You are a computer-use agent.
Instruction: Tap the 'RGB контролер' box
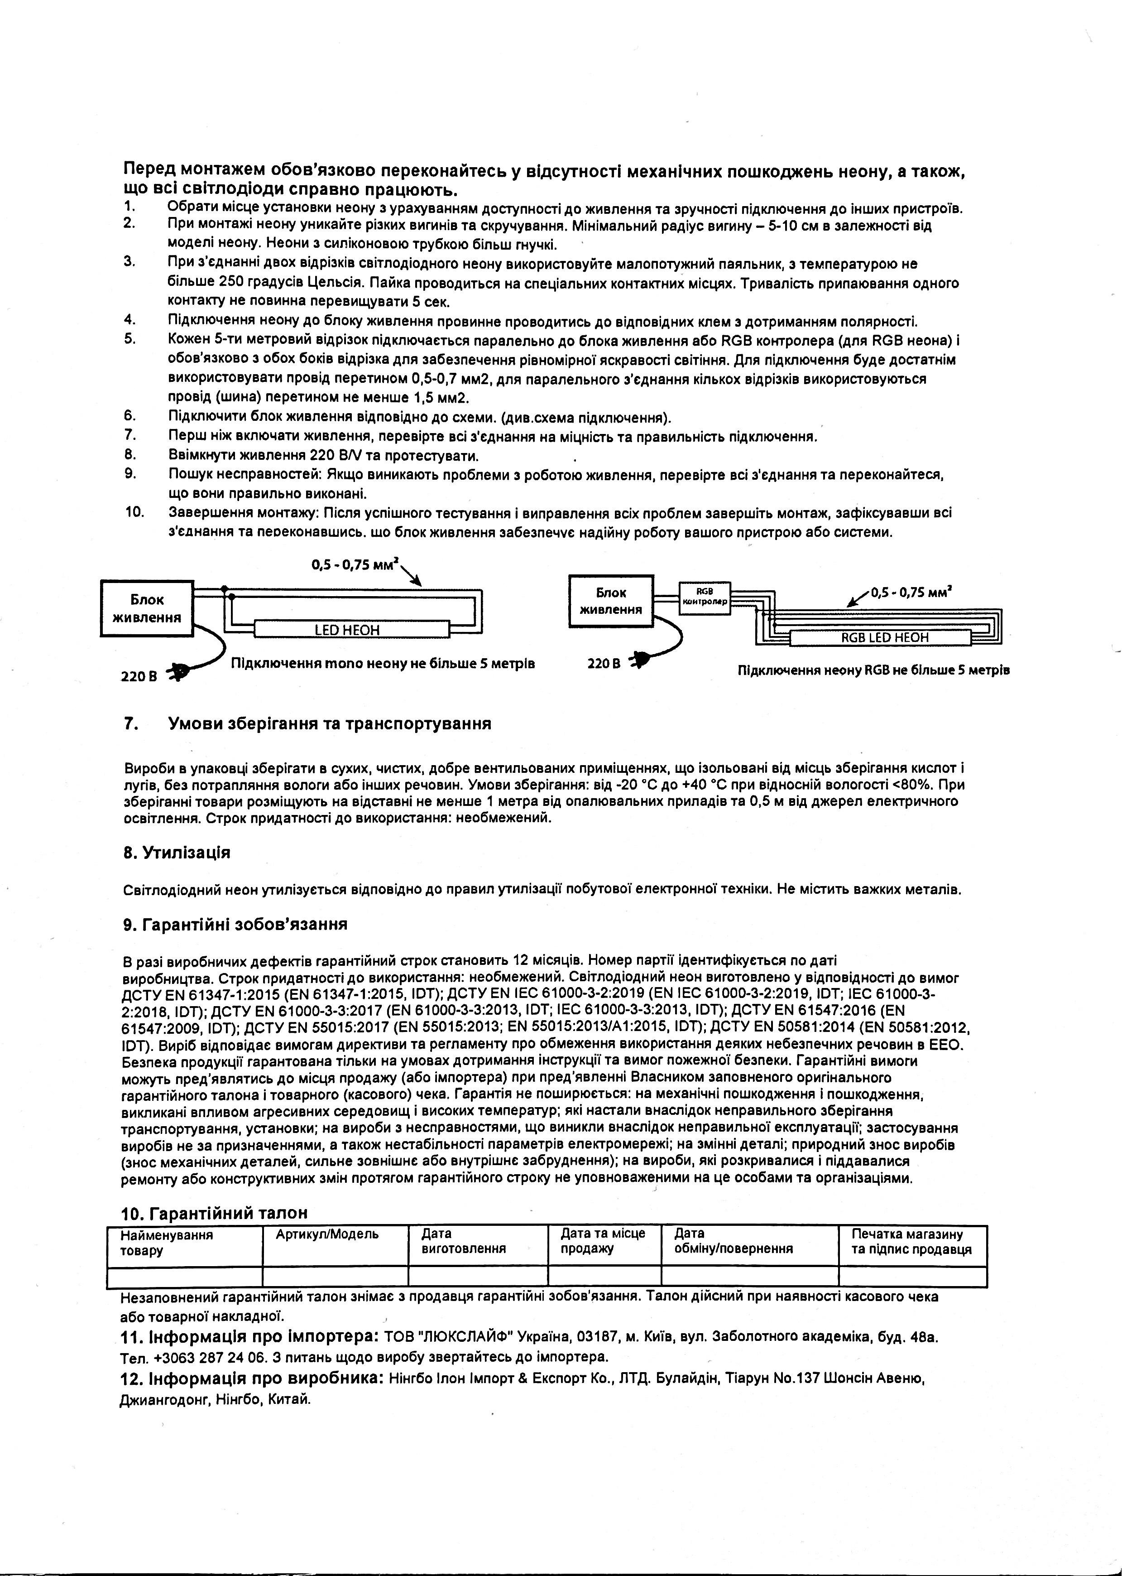[x=704, y=597]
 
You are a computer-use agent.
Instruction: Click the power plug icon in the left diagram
[x=180, y=671]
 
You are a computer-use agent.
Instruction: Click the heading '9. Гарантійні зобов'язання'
[x=235, y=924]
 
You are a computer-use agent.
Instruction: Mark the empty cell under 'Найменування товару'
[x=185, y=1277]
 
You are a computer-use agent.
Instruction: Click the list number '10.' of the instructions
[x=134, y=512]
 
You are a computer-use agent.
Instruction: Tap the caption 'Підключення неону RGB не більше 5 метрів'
[x=873, y=670]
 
